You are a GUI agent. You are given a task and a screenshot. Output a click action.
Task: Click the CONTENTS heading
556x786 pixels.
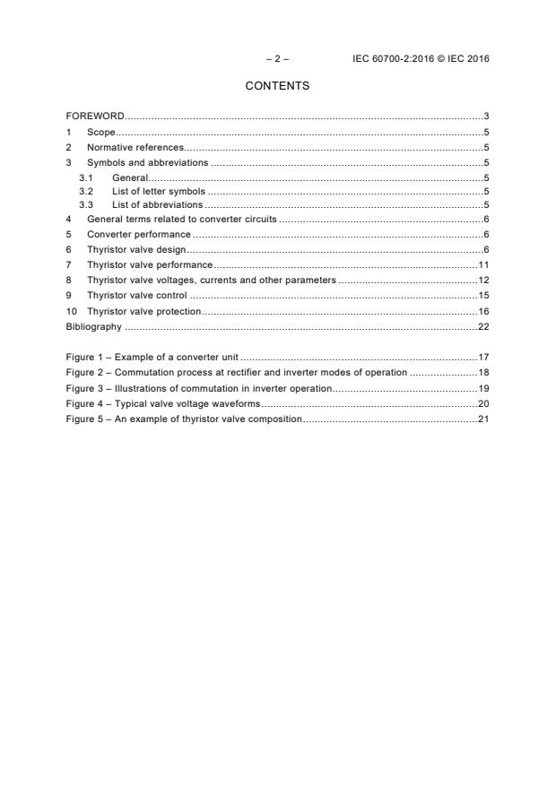click(277, 86)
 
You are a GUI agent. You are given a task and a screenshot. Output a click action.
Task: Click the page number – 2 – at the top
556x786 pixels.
click(277, 59)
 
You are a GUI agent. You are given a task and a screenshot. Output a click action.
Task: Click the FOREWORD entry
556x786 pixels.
click(95, 117)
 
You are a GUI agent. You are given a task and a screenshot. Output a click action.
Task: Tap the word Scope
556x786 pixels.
click(101, 132)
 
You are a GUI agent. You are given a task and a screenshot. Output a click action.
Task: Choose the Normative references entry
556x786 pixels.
click(135, 147)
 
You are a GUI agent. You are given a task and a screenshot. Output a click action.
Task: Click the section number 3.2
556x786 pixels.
click(86, 191)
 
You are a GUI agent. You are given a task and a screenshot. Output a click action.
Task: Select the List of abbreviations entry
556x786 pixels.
click(157, 205)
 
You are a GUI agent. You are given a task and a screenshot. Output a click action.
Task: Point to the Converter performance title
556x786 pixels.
click(138, 235)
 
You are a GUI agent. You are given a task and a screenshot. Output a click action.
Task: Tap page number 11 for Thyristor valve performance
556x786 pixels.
click(482, 264)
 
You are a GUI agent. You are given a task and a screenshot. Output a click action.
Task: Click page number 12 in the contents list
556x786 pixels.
click(482, 280)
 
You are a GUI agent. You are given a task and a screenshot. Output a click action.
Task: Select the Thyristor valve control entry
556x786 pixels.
click(136, 295)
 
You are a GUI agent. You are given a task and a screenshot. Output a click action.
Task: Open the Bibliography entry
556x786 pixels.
click(93, 326)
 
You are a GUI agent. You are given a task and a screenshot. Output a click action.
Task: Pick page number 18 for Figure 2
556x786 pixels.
click(482, 372)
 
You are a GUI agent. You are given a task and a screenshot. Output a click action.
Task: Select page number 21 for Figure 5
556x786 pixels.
click(482, 419)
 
